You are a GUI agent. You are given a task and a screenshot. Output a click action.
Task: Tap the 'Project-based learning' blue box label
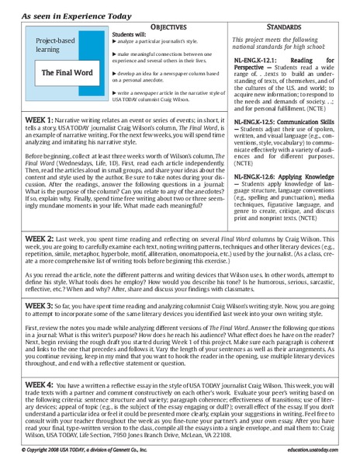coord(57,49)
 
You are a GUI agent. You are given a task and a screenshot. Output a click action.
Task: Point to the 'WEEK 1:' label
coord(40,121)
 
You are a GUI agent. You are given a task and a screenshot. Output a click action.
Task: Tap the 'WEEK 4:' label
coord(40,384)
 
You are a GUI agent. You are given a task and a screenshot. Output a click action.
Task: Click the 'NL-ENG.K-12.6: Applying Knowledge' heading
coord(291,176)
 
